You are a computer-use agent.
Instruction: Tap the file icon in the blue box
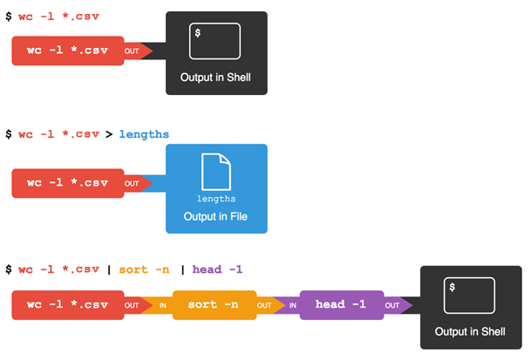tap(216, 171)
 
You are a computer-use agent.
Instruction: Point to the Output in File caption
tap(216, 216)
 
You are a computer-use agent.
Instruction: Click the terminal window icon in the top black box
tap(215, 42)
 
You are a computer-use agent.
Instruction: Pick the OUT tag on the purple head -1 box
tap(393, 306)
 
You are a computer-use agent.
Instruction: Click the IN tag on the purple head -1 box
tap(292, 306)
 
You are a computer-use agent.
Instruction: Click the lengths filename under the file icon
tap(216, 199)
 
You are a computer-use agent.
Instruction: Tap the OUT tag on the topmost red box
tap(132, 51)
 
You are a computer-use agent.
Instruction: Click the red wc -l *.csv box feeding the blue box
tap(66, 184)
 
